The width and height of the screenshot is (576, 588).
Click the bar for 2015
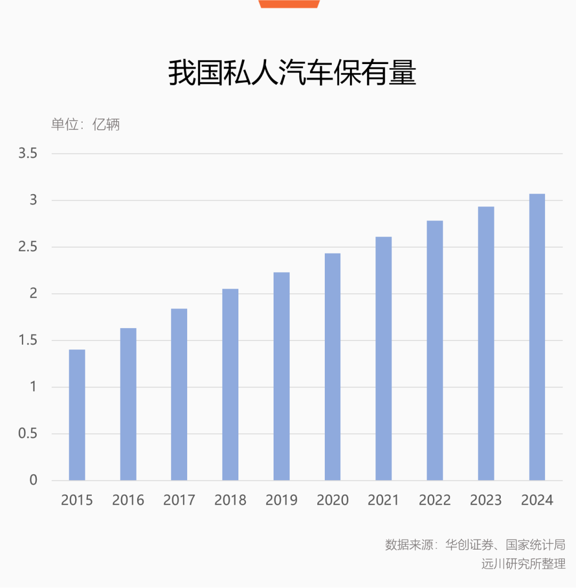pyautogui.click(x=77, y=415)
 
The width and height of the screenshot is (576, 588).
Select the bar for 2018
pyautogui.click(x=230, y=384)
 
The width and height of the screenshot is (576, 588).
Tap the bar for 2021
pyautogui.click(x=383, y=359)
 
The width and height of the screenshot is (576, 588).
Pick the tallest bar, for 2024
pyautogui.click(x=537, y=337)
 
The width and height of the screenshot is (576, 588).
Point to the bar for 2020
pyautogui.click(x=332, y=367)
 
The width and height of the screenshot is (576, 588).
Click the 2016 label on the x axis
pyautogui.click(x=128, y=500)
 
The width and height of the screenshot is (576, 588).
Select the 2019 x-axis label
pyautogui.click(x=282, y=500)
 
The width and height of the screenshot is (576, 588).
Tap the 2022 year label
pyautogui.click(x=435, y=500)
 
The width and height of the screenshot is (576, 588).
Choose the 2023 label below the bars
pyautogui.click(x=486, y=500)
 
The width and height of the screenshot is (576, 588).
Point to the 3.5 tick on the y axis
pyautogui.click(x=28, y=153)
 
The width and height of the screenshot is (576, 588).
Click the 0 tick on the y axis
pyautogui.click(x=34, y=480)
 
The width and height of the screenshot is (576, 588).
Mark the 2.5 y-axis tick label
pyautogui.click(x=28, y=247)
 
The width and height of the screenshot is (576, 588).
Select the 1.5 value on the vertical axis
pyautogui.click(x=28, y=340)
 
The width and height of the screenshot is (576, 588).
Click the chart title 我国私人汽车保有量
pyautogui.click(x=292, y=73)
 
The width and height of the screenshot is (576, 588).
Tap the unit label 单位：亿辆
pyautogui.click(x=85, y=124)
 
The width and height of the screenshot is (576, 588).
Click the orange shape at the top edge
pyautogui.click(x=289, y=4)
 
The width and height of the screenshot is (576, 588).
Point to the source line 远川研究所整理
pyautogui.click(x=523, y=563)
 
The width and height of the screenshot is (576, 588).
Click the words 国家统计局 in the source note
pyautogui.click(x=535, y=544)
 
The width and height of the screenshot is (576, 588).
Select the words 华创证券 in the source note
pyautogui.click(x=469, y=544)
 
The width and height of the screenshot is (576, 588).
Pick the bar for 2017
pyautogui.click(x=179, y=394)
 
